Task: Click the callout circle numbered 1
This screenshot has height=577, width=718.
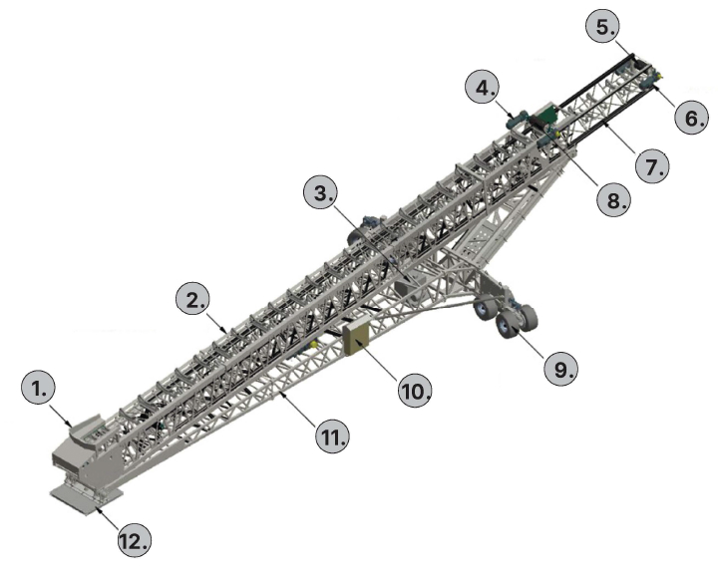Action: [38, 388]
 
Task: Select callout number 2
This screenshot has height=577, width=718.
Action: [192, 299]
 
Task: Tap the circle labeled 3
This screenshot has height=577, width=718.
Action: [321, 192]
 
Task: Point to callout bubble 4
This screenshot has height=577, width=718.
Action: [483, 88]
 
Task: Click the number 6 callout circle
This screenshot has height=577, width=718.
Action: [692, 118]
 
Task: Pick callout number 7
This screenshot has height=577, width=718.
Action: [652, 166]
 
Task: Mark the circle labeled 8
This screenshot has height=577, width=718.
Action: [613, 199]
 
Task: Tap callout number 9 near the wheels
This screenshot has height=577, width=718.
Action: [560, 368]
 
